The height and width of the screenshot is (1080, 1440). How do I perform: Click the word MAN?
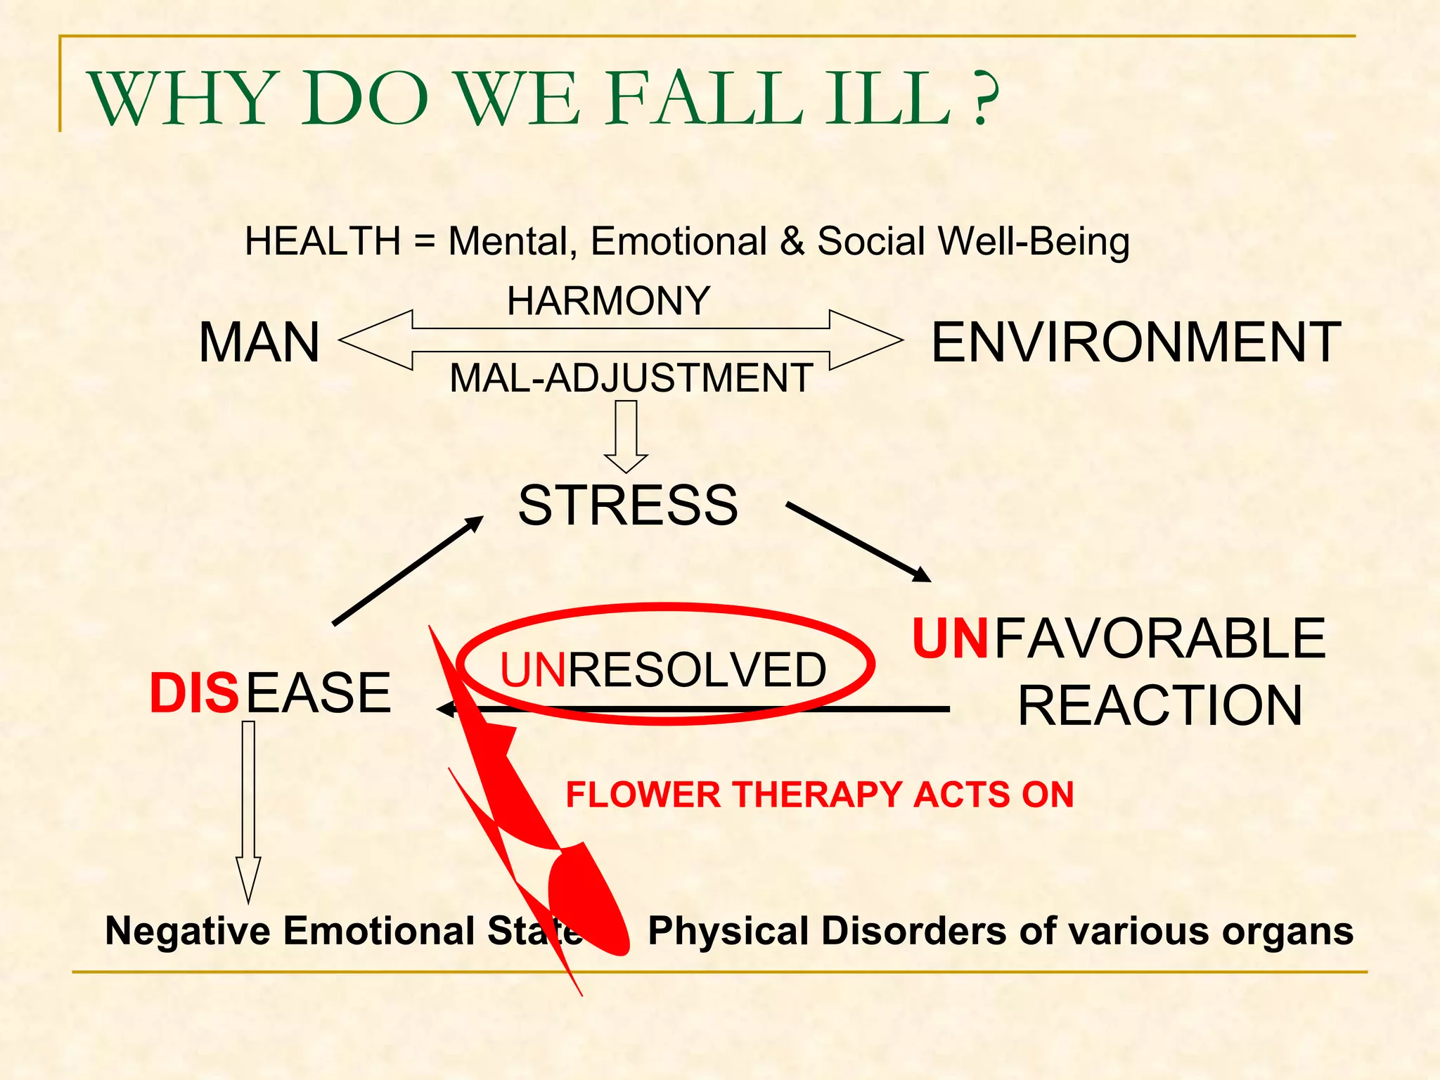click(x=259, y=343)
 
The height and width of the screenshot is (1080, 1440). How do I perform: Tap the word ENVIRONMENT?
click(x=1136, y=343)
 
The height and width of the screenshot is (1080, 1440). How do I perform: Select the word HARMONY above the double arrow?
click(x=608, y=302)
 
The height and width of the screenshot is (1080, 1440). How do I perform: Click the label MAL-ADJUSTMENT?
click(x=631, y=378)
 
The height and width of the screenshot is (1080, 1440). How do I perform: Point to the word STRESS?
click(x=628, y=506)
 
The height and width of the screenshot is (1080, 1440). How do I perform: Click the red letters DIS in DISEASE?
click(x=194, y=694)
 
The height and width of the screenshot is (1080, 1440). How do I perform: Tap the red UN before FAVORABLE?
click(x=950, y=639)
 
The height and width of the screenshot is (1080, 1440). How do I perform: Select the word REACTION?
click(x=1160, y=706)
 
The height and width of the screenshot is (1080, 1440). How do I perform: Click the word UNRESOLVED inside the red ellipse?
click(x=662, y=670)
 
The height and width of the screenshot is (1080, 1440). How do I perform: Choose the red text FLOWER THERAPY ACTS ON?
click(x=819, y=795)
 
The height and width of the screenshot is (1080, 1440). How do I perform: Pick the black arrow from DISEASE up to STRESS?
click(x=408, y=570)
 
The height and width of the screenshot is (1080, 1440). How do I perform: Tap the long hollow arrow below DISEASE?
click(x=248, y=809)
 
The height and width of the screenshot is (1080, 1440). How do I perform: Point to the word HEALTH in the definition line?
click(x=323, y=242)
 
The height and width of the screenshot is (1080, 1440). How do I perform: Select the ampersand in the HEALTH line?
click(x=792, y=242)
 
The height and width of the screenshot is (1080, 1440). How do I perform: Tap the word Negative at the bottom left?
click(x=187, y=931)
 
